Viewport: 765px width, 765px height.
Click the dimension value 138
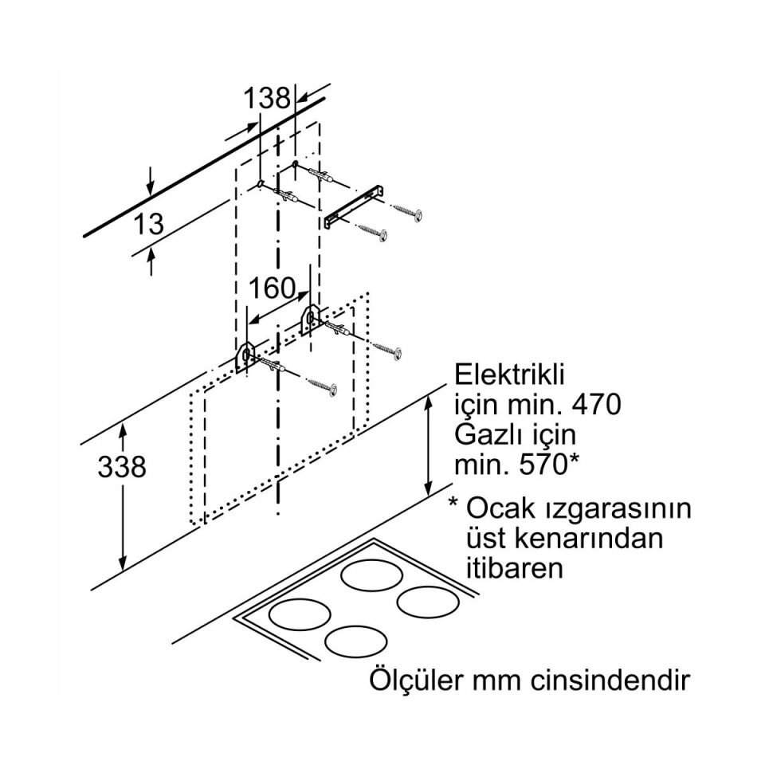[x=267, y=99]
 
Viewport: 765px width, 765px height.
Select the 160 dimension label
[x=272, y=288]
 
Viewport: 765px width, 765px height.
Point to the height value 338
[x=122, y=467]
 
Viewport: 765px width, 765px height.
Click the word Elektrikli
[x=508, y=375]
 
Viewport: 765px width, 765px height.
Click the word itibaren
[x=514, y=568]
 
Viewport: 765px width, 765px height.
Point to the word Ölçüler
[x=417, y=682]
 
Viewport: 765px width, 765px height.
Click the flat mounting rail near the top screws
[x=355, y=206]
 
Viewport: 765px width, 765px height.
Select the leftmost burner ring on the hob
[x=299, y=615]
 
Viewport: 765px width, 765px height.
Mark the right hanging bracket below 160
[x=308, y=316]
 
